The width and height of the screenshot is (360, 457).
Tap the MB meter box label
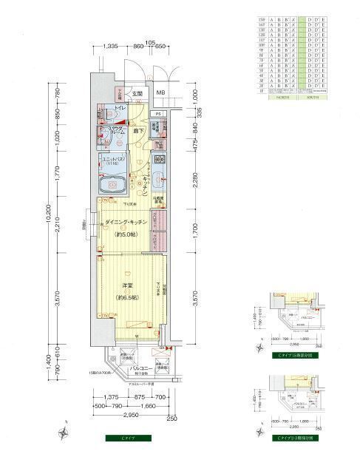coord(160,93)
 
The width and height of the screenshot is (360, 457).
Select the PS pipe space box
coord(158,113)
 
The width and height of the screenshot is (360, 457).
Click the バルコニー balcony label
coord(141,368)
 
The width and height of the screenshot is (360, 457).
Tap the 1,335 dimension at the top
coord(111,46)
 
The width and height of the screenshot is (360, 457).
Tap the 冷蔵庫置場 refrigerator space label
coord(158,198)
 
